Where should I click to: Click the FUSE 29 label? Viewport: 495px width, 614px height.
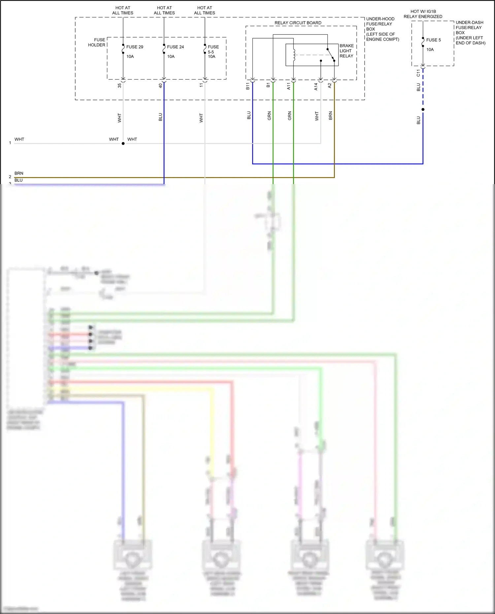(x=135, y=47)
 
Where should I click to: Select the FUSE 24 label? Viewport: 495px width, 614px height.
(x=175, y=47)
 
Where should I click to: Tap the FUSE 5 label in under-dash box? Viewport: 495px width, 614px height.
(x=433, y=40)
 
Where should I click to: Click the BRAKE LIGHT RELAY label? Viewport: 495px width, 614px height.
(x=346, y=51)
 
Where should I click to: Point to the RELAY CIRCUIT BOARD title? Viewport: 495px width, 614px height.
(x=298, y=23)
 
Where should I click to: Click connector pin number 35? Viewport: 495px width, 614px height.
(x=119, y=85)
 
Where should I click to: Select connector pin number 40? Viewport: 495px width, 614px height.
(x=160, y=85)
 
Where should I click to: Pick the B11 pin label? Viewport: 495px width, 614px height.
(x=248, y=86)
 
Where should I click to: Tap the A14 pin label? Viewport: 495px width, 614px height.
(x=316, y=86)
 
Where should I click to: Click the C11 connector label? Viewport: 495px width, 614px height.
(x=418, y=73)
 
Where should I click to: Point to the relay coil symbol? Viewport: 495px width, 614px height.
(x=294, y=55)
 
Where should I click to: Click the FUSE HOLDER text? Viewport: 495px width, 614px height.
(x=97, y=42)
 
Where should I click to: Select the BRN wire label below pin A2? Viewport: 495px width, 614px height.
(x=330, y=115)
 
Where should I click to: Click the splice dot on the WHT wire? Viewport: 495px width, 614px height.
(x=123, y=144)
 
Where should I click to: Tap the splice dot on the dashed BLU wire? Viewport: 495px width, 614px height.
(x=423, y=109)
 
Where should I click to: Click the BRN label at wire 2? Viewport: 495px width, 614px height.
(x=19, y=173)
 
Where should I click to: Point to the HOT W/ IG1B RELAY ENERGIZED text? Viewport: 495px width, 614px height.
(x=423, y=14)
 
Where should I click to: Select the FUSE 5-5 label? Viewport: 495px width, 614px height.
(x=213, y=49)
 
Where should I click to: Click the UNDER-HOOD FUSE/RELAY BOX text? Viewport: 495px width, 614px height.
(x=382, y=29)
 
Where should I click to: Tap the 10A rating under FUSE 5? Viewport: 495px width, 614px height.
(x=430, y=49)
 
